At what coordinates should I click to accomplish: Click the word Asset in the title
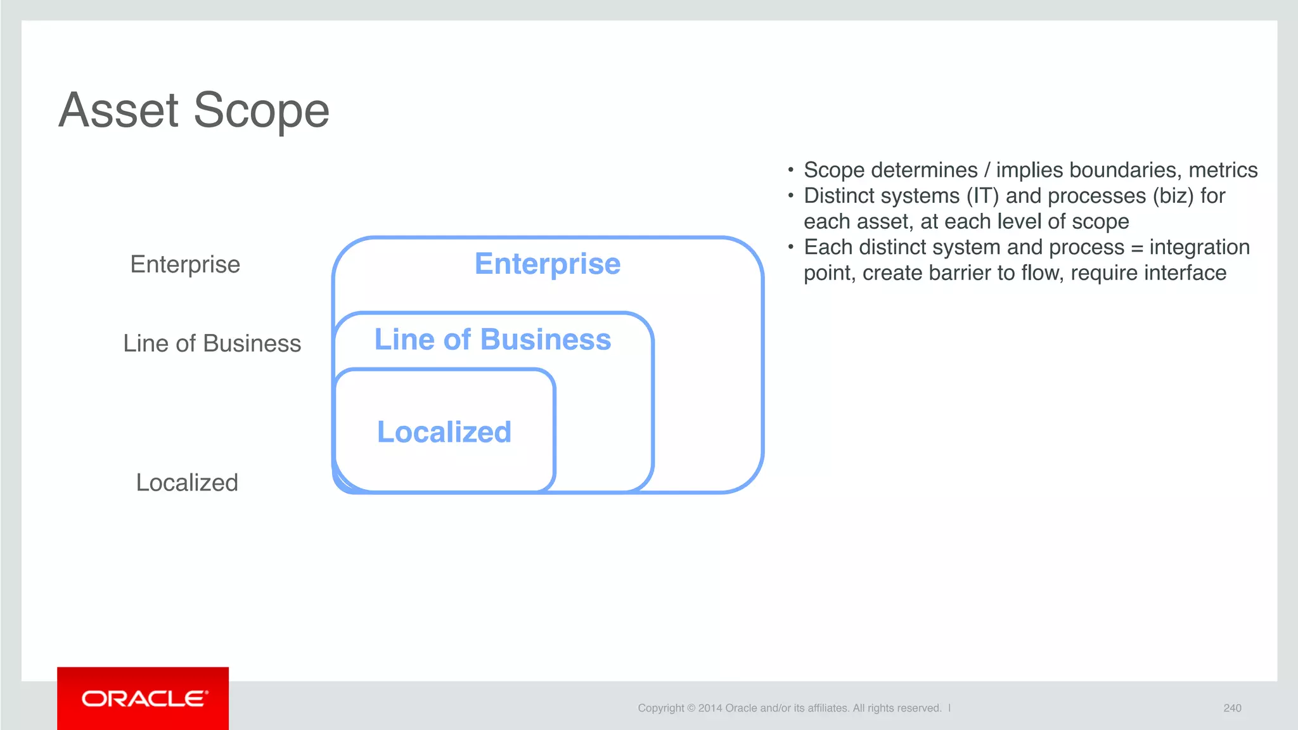(x=119, y=110)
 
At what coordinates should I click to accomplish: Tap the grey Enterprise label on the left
(x=185, y=264)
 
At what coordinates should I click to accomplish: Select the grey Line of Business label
(x=212, y=343)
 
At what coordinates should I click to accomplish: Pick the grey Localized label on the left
(x=187, y=483)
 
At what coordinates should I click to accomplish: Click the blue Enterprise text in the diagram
(x=548, y=264)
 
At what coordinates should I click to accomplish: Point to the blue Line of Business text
(x=492, y=340)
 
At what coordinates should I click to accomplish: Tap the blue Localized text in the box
(x=444, y=432)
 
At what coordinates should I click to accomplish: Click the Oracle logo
(x=143, y=698)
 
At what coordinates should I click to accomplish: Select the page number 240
(x=1232, y=708)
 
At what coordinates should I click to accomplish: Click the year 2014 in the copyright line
(x=710, y=708)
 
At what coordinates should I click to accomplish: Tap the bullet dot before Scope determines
(x=790, y=170)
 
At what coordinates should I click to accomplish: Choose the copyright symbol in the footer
(x=691, y=708)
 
